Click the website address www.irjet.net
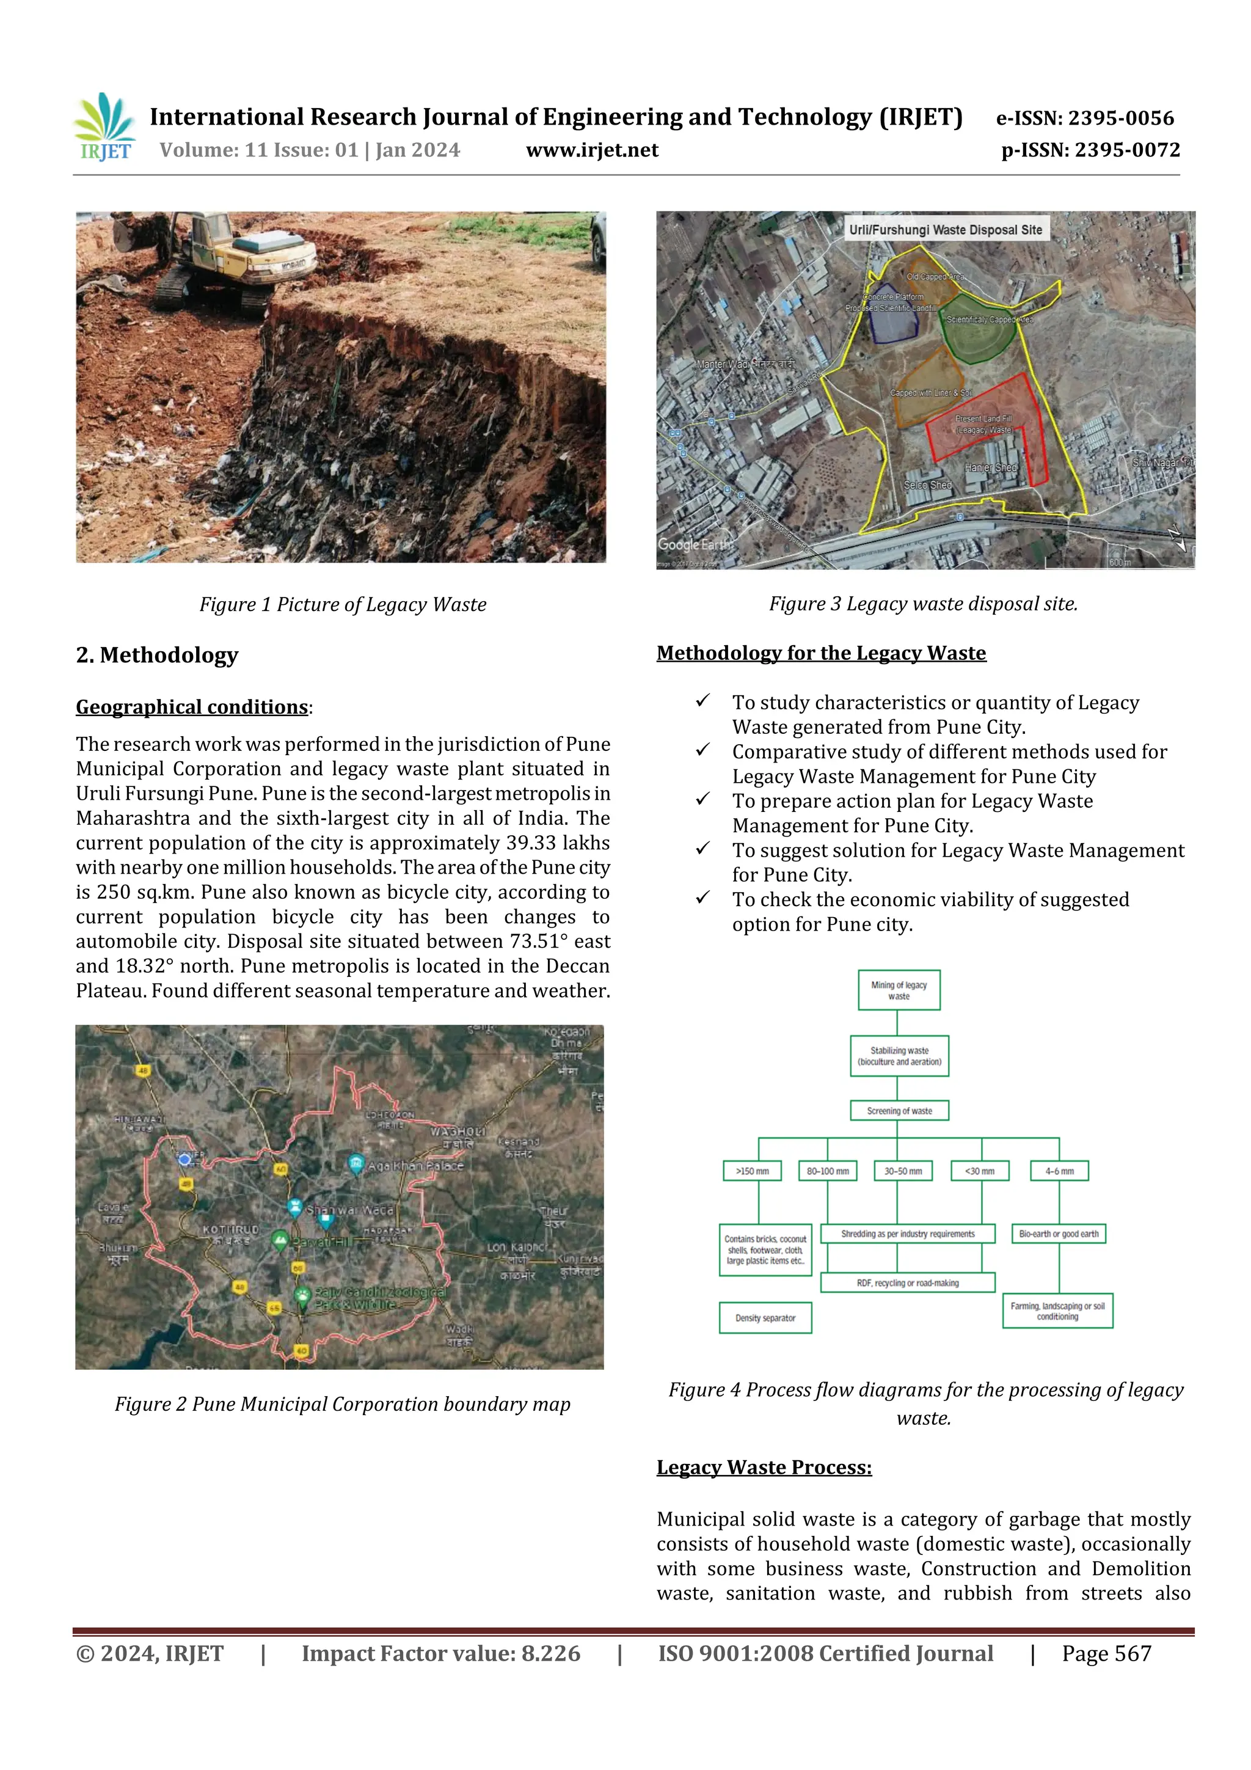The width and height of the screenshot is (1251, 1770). click(x=592, y=150)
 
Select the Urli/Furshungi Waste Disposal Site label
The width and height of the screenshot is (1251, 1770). click(x=945, y=230)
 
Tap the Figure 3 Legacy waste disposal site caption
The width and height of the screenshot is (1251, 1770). click(x=922, y=604)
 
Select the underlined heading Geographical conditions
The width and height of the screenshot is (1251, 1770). click(x=192, y=707)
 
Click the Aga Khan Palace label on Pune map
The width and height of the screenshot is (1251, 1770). click(x=415, y=1166)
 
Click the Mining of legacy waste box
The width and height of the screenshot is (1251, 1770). click(x=899, y=990)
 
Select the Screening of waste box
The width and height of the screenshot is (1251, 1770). click(x=899, y=1111)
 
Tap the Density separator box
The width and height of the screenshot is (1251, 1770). click(x=765, y=1317)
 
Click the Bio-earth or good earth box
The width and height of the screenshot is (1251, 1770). click(x=1059, y=1234)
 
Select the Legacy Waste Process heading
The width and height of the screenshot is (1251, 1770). click(x=764, y=1467)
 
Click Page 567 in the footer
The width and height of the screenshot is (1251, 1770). click(x=1106, y=1653)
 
